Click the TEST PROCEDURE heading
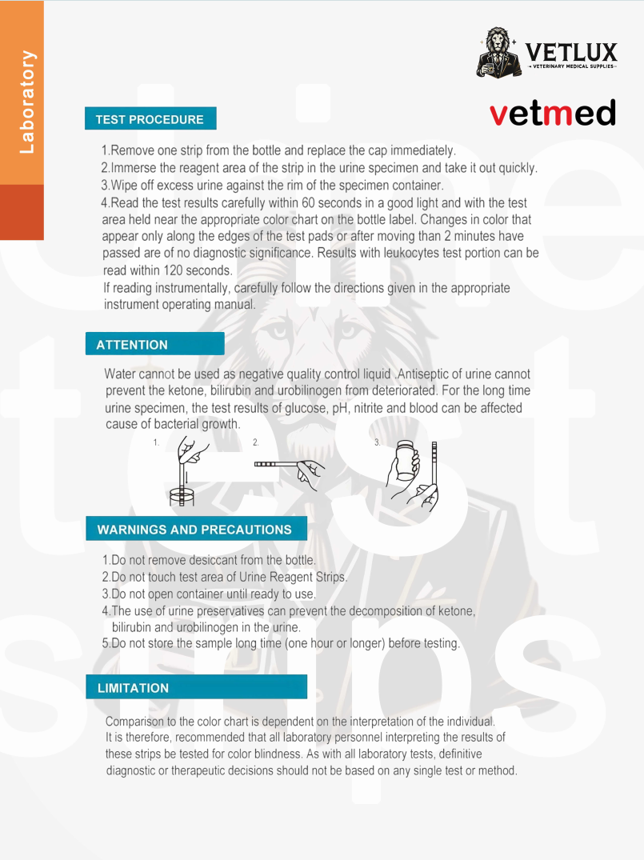(150, 119)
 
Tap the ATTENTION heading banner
(132, 345)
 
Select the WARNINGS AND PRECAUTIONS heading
(194, 530)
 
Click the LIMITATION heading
(133, 688)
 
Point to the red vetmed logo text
(553, 113)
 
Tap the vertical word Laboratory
(27, 102)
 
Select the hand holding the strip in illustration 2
(309, 471)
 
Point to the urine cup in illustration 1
(182, 495)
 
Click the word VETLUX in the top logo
(571, 54)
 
